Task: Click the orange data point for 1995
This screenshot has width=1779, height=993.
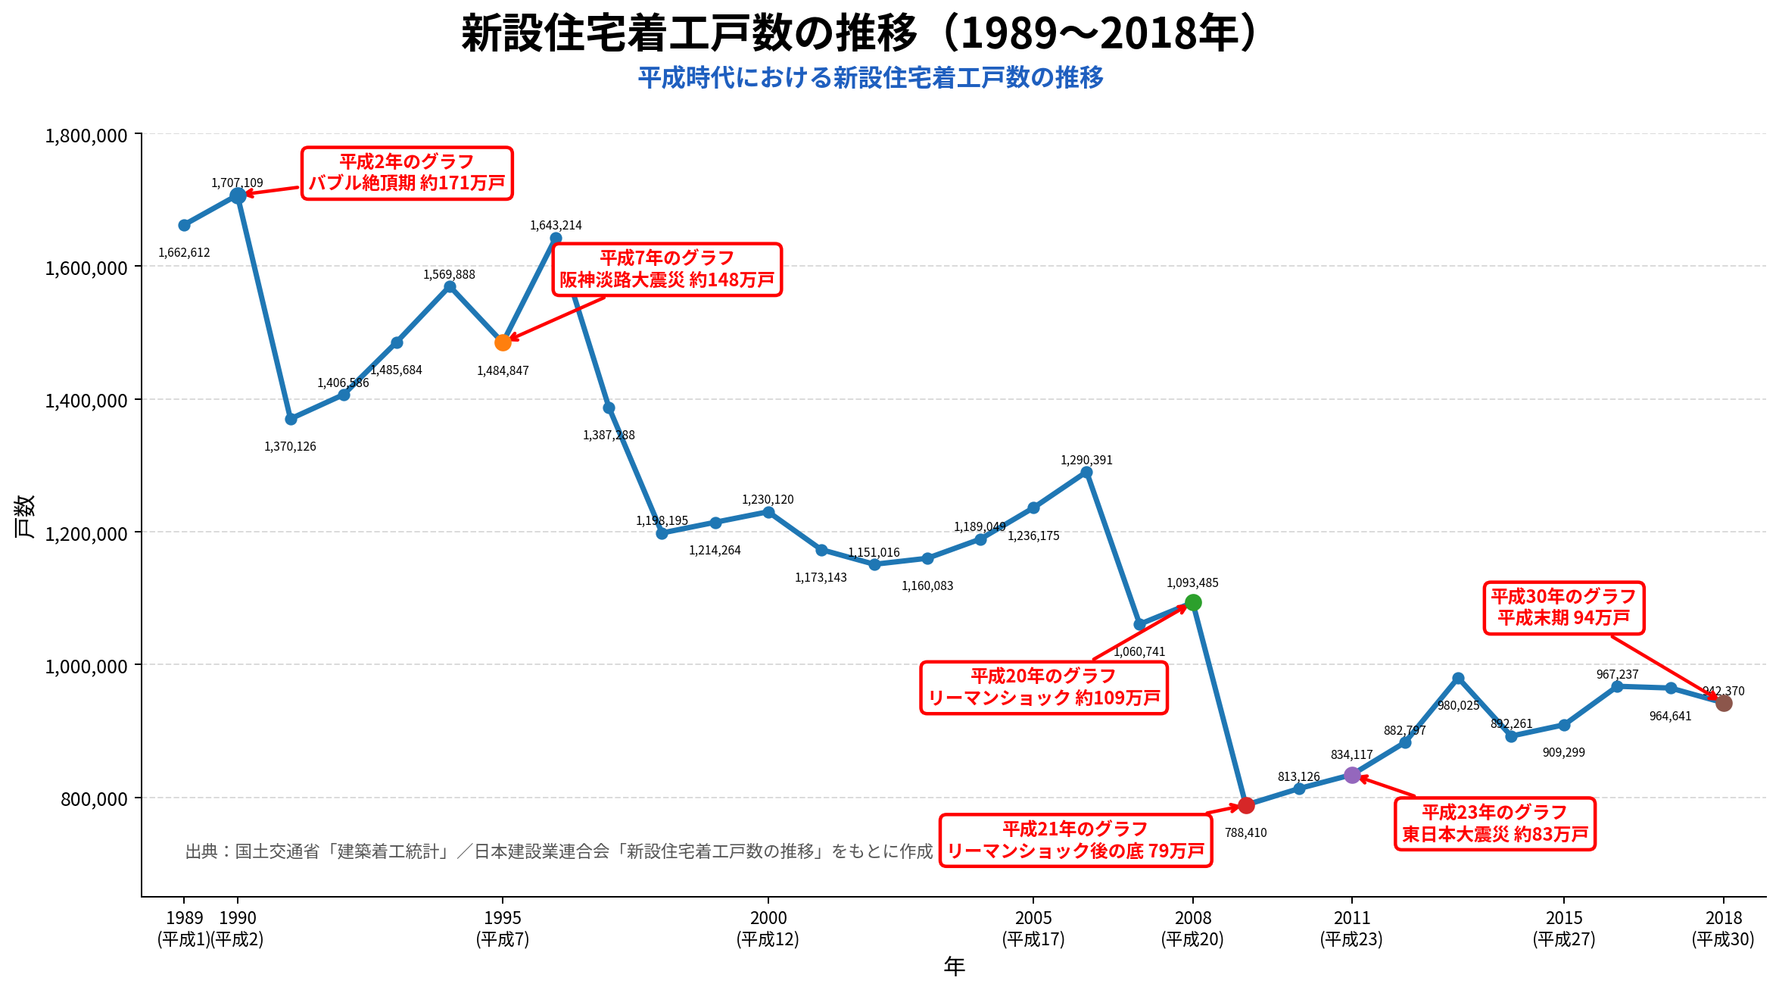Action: (x=503, y=342)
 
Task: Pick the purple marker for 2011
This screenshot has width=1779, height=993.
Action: (x=1352, y=775)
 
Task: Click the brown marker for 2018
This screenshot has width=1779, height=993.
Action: (x=1724, y=703)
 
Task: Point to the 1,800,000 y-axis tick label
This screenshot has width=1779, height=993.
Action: (x=86, y=136)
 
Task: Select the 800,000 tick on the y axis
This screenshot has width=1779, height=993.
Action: (x=94, y=798)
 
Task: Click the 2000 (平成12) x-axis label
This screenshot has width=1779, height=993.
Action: (x=768, y=929)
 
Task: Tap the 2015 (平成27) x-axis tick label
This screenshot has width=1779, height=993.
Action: (x=1564, y=929)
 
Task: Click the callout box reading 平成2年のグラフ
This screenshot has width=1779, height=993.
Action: (x=407, y=173)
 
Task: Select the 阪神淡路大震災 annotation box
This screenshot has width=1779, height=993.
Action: (x=667, y=270)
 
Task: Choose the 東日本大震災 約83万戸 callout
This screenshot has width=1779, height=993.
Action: (x=1495, y=824)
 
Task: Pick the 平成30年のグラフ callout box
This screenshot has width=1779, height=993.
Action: (x=1564, y=607)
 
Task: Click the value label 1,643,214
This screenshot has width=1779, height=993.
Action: (x=556, y=225)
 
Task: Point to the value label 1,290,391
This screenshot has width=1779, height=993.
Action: (x=1086, y=460)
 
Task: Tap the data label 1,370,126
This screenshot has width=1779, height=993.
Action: (x=290, y=446)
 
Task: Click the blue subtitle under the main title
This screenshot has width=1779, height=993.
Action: (x=871, y=77)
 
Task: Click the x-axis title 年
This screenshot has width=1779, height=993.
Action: (x=954, y=966)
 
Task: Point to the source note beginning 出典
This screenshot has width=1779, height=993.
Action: (x=559, y=851)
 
